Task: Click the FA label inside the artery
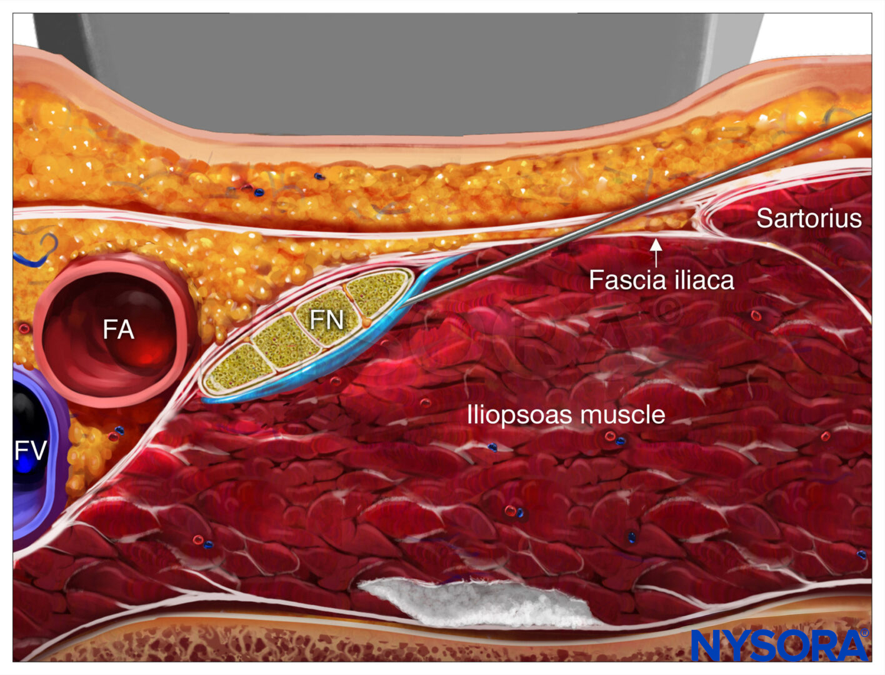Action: [x=118, y=330]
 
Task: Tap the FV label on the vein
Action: [x=31, y=450]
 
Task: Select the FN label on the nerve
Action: [x=327, y=320]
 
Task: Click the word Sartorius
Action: [x=809, y=218]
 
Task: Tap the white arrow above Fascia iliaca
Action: [x=656, y=253]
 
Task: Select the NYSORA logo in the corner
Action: [x=780, y=645]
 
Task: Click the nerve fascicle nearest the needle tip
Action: [x=378, y=292]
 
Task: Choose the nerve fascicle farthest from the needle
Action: [x=238, y=367]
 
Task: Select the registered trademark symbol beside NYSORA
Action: [x=865, y=633]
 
